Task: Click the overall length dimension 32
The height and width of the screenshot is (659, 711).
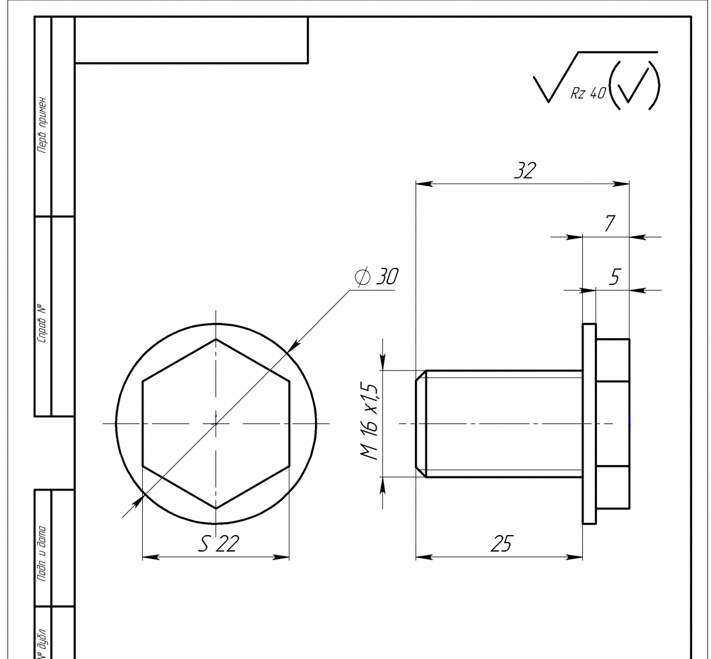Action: (x=525, y=170)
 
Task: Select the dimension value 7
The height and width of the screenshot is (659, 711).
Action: (x=610, y=223)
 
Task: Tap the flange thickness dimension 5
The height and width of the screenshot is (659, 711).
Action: (x=615, y=276)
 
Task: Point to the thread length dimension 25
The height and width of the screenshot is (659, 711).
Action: (x=502, y=544)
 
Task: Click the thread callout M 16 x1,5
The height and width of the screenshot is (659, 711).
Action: (x=370, y=422)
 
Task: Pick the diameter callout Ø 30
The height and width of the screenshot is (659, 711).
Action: (x=377, y=276)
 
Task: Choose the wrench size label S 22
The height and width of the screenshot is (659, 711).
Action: (x=218, y=544)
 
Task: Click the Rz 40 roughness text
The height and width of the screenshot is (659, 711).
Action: (x=588, y=93)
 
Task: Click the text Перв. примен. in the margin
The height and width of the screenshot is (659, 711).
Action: (x=42, y=124)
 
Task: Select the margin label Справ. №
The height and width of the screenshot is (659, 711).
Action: (x=42, y=322)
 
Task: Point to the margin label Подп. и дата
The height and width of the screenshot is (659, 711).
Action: (x=42, y=554)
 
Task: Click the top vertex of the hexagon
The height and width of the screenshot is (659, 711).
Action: (x=216, y=339)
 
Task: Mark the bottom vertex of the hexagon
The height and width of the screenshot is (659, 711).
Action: (x=216, y=508)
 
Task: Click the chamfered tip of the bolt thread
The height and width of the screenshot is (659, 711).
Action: (x=421, y=423)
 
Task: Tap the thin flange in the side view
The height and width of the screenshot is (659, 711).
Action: (x=589, y=423)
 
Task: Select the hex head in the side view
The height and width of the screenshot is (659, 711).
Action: (x=613, y=423)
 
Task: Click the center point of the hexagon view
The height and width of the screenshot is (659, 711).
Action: (x=216, y=423)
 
